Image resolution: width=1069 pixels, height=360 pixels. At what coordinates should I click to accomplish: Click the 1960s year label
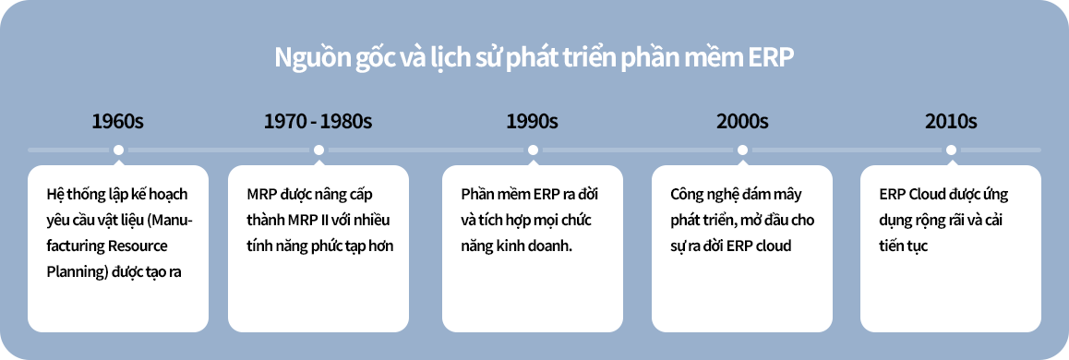click(118, 121)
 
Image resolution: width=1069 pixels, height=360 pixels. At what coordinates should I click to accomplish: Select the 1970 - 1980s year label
click(318, 121)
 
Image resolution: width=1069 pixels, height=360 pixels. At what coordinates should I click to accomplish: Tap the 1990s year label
click(532, 121)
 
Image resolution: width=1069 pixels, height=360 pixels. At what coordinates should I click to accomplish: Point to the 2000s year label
click(742, 121)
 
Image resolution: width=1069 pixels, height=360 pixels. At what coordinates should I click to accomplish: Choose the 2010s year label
click(951, 121)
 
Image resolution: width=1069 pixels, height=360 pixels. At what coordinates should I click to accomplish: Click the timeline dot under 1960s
click(119, 150)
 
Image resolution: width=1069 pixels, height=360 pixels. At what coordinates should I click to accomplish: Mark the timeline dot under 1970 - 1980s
click(318, 150)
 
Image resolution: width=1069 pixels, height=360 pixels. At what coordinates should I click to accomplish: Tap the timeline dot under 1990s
click(534, 150)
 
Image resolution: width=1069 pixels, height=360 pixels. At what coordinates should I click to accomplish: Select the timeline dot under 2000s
click(742, 150)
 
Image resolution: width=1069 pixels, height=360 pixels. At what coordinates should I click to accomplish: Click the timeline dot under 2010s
click(951, 150)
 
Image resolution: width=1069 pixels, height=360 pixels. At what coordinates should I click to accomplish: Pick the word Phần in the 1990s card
click(476, 195)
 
